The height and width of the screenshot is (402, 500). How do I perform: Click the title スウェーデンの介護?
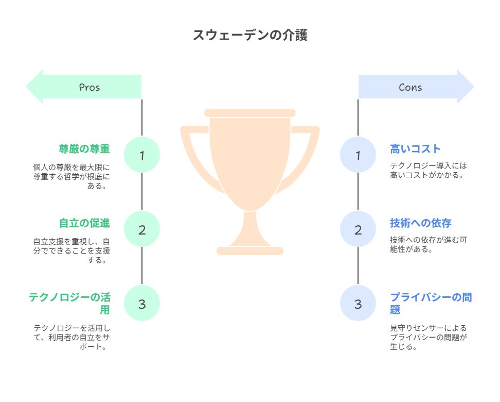coord(250,35)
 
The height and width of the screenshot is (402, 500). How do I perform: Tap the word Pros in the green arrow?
coord(90,87)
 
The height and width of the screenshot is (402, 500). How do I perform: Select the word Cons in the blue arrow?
coord(410,87)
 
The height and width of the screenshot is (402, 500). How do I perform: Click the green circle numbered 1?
coord(142,155)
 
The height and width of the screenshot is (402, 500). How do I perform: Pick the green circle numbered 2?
coord(142,229)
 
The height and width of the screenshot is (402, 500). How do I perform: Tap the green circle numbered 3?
coord(142,303)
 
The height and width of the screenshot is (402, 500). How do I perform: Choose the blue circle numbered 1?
coord(358,155)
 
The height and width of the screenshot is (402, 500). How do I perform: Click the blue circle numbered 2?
coord(358,229)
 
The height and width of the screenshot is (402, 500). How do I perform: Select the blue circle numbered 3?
coord(358,303)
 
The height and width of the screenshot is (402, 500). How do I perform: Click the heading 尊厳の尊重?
coord(84,149)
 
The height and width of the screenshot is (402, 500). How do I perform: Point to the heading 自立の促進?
coord(84,223)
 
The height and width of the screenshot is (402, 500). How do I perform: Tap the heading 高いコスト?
coord(415,149)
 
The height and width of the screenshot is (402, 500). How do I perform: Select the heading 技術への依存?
coord(421,223)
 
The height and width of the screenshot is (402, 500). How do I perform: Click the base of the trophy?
coord(250,251)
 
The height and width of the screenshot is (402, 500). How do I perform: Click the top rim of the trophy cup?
coord(250,113)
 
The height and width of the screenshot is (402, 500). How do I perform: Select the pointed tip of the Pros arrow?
coord(26,87)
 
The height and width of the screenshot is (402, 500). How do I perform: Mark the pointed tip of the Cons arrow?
coord(474,87)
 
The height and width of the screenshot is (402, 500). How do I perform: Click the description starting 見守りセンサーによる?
coord(428,337)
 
